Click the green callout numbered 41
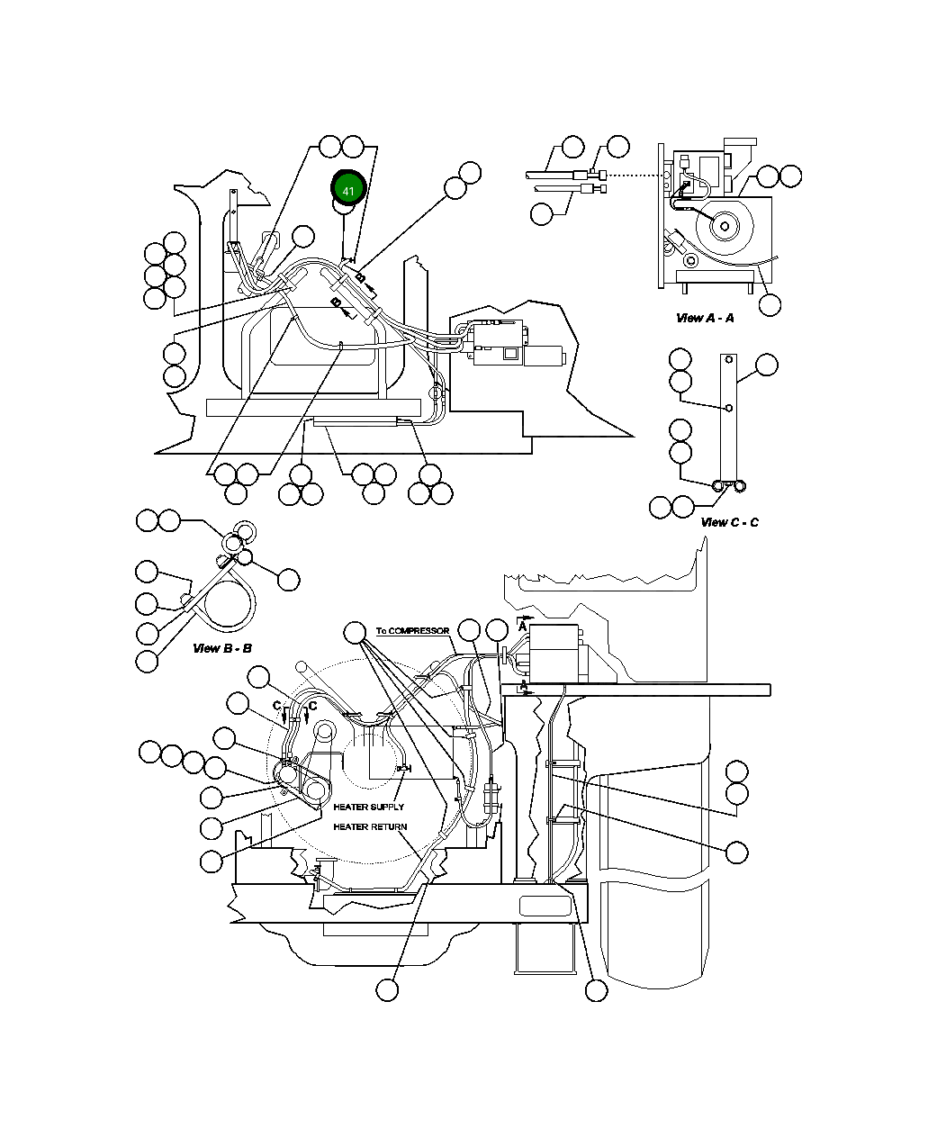tap(348, 190)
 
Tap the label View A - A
tap(705, 318)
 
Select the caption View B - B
tap(222, 648)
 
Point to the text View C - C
tap(729, 522)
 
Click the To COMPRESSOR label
tap(412, 631)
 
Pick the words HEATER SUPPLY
tap(368, 808)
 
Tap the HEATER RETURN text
tap(370, 826)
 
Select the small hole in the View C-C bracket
tap(729, 408)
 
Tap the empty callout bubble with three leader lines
tap(355, 632)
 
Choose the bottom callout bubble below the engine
tap(386, 989)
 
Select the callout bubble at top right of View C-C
tap(766, 365)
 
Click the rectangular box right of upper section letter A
tap(554, 654)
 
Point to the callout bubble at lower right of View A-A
tap(770, 304)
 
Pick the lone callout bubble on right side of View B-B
tap(288, 580)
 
